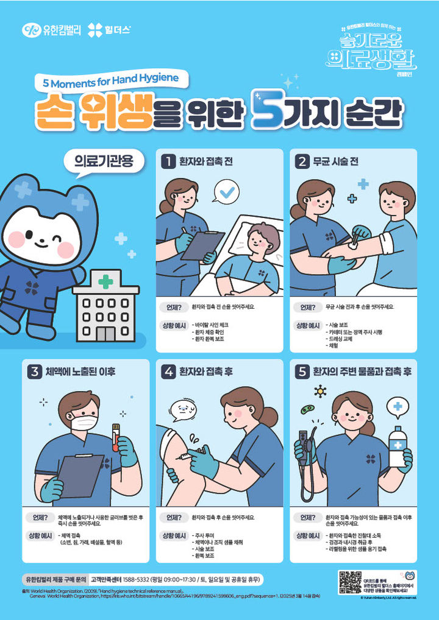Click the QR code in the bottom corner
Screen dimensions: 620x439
pyautogui.click(x=350, y=582)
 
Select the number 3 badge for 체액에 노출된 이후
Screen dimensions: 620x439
pyautogui.click(x=34, y=372)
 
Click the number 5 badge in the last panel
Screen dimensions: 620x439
pyautogui.click(x=301, y=371)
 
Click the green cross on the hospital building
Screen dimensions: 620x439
pyautogui.click(x=105, y=282)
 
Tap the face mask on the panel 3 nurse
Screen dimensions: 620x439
pyautogui.click(x=84, y=420)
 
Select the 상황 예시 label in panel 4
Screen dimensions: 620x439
pyautogui.click(x=174, y=535)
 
